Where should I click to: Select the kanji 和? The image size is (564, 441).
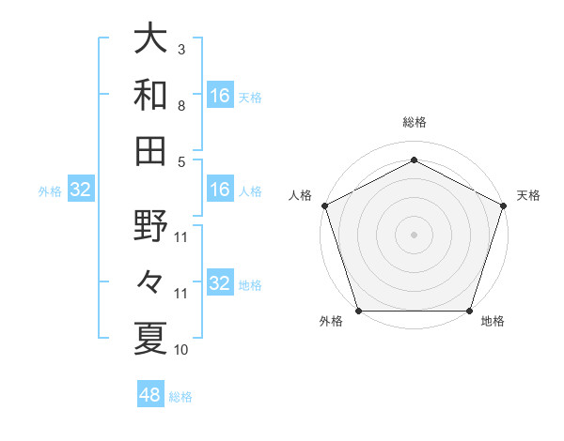(x=150, y=94)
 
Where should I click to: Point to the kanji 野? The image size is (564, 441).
(x=150, y=225)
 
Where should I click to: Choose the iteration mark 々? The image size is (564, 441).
(x=150, y=281)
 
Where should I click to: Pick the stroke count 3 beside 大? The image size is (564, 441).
(x=180, y=48)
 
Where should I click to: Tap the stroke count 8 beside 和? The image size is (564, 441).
(x=180, y=106)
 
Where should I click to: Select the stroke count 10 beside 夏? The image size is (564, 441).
(x=181, y=350)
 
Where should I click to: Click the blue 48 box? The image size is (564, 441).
(x=150, y=395)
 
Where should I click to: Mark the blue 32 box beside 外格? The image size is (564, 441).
(x=80, y=190)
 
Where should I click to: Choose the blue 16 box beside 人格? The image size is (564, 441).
(x=219, y=190)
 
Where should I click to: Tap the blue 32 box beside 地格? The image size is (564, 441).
(x=219, y=283)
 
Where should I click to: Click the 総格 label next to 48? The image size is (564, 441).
(x=180, y=397)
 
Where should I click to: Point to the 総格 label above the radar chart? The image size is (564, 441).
(x=414, y=122)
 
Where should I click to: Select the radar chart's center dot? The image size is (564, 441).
(x=414, y=234)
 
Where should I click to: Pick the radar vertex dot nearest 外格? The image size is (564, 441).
(x=358, y=311)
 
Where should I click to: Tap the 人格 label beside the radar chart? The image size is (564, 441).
(x=301, y=195)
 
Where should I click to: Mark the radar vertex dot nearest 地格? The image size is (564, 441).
(x=469, y=311)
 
